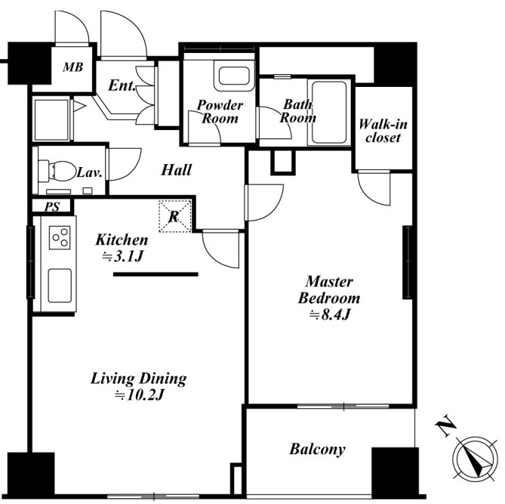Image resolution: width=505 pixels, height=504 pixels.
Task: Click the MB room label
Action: coord(73,67)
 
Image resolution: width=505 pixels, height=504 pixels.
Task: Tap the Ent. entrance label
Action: coord(122,85)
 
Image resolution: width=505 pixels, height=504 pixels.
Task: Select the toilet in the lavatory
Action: coord(57,171)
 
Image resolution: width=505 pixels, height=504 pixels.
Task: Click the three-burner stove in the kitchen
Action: coord(60,238)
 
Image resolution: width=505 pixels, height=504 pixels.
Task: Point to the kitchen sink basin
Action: coord(60,286)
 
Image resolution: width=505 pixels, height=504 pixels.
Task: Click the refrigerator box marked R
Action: coord(175,216)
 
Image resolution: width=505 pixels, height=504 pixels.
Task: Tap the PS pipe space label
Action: coord(52,206)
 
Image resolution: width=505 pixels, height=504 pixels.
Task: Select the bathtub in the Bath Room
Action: coord(329,113)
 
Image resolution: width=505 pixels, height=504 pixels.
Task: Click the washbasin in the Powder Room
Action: coord(234,76)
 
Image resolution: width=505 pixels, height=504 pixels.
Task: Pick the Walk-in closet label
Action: coord(383,131)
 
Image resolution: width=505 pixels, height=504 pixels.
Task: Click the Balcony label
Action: coord(318,449)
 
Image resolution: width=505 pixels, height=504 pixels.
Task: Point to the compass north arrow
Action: coord(476,458)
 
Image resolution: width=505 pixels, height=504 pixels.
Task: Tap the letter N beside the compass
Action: coord(445,428)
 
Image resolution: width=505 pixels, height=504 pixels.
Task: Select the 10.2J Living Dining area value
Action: coord(140,395)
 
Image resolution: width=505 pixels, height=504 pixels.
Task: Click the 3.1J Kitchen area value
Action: coord(122,257)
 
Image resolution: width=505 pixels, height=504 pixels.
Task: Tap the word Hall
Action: coord(176,169)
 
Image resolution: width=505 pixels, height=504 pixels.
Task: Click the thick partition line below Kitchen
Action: coord(156,274)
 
